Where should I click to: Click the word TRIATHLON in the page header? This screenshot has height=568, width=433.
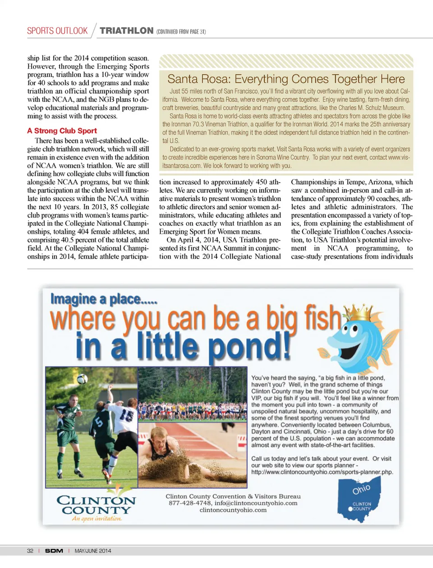click(126, 31)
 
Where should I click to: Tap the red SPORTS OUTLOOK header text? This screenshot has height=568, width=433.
click(57, 31)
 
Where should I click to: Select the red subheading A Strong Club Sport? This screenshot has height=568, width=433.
click(62, 131)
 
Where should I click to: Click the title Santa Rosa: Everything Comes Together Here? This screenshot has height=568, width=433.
click(286, 79)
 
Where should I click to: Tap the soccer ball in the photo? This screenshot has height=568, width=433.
click(82, 379)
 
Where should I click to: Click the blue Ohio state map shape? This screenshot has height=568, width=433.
click(360, 498)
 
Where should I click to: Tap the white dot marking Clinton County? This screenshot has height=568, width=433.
click(350, 509)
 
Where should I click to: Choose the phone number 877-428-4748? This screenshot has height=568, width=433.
click(189, 503)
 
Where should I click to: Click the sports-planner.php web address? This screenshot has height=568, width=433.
click(322, 472)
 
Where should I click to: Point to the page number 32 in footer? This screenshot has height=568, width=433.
click(30, 551)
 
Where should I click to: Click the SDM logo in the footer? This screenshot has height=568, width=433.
click(54, 551)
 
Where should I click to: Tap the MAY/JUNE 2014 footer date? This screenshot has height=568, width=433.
click(93, 551)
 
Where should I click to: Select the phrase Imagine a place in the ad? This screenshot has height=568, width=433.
click(104, 299)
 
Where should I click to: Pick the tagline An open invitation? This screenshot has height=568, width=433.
click(97, 519)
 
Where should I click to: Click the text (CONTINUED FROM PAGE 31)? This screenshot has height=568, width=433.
click(181, 32)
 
